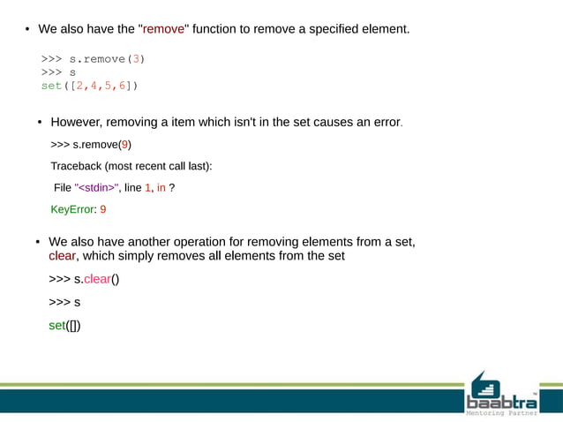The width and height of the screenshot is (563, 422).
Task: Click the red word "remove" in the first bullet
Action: pyautogui.click(x=163, y=29)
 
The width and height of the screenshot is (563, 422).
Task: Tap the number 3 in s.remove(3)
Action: pyautogui.click(x=131, y=59)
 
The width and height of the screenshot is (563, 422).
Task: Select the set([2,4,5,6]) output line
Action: pyautogui.click(x=89, y=86)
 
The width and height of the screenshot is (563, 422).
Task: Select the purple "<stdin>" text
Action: pyautogui.click(x=95, y=188)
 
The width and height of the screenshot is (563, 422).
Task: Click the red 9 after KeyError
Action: pyautogui.click(x=102, y=210)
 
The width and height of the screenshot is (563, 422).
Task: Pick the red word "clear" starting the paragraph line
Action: pyautogui.click(x=62, y=256)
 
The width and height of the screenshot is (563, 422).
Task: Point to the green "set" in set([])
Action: pyautogui.click(x=56, y=326)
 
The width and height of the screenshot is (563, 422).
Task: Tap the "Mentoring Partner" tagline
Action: pyautogui.click(x=501, y=410)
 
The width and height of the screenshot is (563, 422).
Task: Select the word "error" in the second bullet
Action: pyautogui.click(x=384, y=122)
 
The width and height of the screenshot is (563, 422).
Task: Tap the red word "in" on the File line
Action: pyautogui.click(x=161, y=188)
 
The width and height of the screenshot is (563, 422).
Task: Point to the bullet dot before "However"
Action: pyautogui.click(x=39, y=123)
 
